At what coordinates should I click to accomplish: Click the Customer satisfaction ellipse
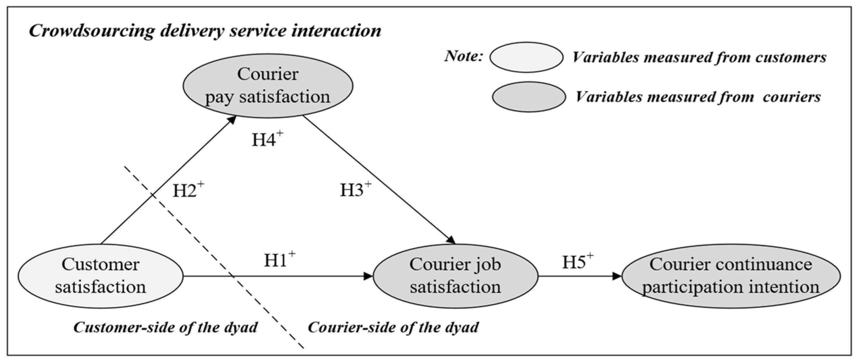tap(100, 276)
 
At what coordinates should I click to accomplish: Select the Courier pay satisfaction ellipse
tap(267, 86)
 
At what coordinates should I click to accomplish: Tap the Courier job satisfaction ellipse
tap(455, 276)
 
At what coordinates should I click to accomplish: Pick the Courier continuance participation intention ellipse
tap(731, 276)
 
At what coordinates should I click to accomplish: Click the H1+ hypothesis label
tap(279, 260)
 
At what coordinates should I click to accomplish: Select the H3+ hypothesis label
tap(355, 190)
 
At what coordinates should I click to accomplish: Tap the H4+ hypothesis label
tap(267, 139)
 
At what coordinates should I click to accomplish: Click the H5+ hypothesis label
tap(577, 262)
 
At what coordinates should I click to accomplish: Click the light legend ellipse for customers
tap(526, 57)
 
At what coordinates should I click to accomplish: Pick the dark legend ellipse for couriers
tap(529, 97)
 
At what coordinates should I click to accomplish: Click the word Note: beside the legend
tap(463, 56)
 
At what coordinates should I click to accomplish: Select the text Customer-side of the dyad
tap(165, 327)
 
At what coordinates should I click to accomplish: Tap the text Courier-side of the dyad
tap(393, 327)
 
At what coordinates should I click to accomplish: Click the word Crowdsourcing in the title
tap(92, 31)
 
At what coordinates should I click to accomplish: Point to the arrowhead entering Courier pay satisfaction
tap(232, 119)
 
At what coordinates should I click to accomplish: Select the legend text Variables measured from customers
tap(699, 57)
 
